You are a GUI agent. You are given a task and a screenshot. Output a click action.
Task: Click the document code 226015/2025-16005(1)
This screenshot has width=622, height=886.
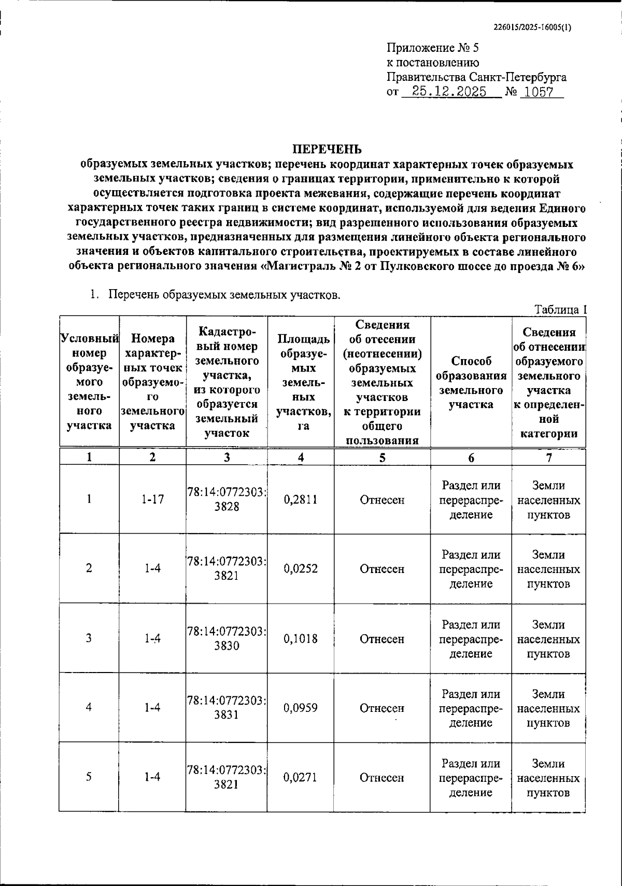532,28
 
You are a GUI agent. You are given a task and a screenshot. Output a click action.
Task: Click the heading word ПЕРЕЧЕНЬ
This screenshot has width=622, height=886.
327,150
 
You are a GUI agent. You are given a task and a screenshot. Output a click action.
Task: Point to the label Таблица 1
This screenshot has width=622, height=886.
560,309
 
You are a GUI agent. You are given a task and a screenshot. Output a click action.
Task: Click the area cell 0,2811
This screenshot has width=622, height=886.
301,499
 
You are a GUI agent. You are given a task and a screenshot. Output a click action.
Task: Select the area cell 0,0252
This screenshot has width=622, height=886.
301,568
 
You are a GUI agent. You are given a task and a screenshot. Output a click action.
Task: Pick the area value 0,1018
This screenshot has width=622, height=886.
301,638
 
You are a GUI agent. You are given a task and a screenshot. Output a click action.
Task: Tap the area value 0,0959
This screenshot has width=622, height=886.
301,708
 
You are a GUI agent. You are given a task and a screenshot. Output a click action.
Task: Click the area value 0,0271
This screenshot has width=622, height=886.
301,777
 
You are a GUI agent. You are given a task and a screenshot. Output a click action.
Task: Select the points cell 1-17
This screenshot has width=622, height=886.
152,499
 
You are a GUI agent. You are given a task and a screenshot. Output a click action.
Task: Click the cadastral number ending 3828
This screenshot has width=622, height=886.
227,500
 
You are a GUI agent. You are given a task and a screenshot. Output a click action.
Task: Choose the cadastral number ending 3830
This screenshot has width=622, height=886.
227,639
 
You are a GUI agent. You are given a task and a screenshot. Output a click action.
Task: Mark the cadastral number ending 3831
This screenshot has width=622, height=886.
227,708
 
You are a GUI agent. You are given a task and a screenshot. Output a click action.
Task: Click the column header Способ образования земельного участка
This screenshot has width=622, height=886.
471,382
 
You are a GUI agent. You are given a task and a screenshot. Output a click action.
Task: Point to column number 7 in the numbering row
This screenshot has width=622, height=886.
548,457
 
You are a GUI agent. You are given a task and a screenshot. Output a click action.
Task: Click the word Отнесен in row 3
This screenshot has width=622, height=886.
382,639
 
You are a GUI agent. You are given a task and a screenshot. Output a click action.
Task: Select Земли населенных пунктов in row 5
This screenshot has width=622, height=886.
548,778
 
